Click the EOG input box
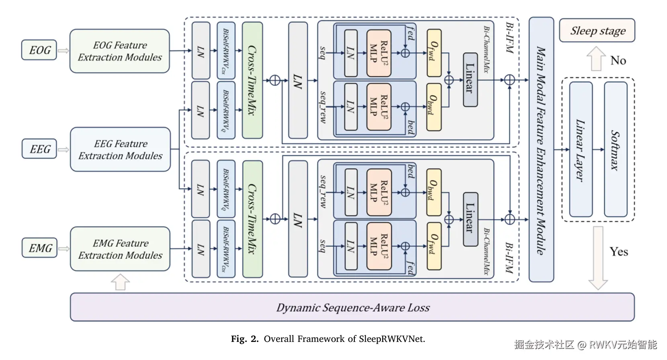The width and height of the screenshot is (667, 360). (x=39, y=50)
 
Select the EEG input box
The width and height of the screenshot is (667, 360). (x=39, y=149)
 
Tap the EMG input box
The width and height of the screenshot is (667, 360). (x=40, y=248)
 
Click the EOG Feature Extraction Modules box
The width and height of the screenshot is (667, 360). (x=120, y=51)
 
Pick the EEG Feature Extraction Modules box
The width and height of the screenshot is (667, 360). (x=120, y=149)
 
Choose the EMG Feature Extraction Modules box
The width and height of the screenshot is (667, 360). (x=120, y=249)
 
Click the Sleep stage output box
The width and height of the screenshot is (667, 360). (x=597, y=31)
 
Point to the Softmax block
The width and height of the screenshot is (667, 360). (x=615, y=149)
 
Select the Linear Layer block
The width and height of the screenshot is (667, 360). (x=581, y=149)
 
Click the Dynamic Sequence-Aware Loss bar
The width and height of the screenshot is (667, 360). (x=352, y=307)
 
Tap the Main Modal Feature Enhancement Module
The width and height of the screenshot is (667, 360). (x=541, y=149)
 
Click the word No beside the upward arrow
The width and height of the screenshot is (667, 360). (x=618, y=61)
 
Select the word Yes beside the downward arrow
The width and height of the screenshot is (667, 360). (x=618, y=252)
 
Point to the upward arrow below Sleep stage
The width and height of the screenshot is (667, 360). (x=596, y=58)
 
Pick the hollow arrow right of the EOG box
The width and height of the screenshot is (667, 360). (x=63, y=51)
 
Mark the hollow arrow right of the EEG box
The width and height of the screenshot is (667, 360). (x=63, y=150)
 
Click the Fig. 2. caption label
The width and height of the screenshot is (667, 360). (x=245, y=339)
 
